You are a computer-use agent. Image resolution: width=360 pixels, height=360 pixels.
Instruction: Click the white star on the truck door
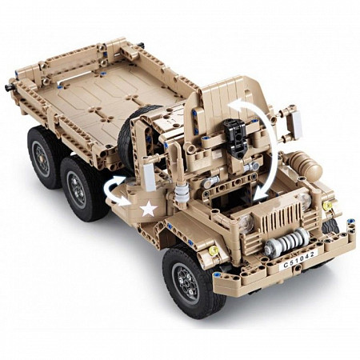point(149,208)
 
